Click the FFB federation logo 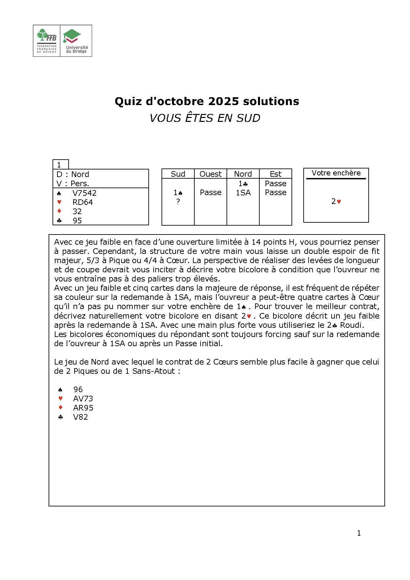(x=47, y=41)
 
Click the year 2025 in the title (x=223, y=101)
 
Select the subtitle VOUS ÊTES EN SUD (x=205, y=118)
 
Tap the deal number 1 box (x=60, y=165)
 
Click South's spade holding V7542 (x=84, y=193)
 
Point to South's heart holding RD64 (x=82, y=202)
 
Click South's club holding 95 (x=77, y=220)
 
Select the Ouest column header (x=210, y=174)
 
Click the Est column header (x=275, y=174)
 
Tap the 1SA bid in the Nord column (x=243, y=192)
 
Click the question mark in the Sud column (x=178, y=202)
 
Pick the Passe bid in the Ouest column (x=210, y=192)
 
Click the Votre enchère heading (x=336, y=173)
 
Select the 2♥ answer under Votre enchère (x=336, y=201)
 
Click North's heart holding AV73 (x=83, y=398)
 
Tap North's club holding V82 (x=80, y=417)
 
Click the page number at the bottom (x=359, y=533)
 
